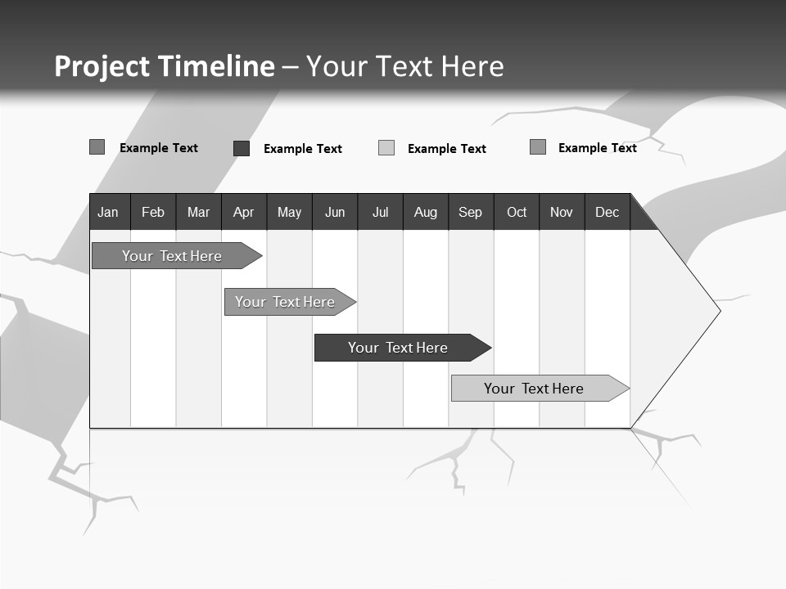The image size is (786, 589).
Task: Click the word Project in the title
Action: (102, 66)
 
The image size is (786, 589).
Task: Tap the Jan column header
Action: (108, 212)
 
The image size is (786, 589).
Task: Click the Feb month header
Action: (153, 212)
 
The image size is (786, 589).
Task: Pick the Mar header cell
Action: (198, 212)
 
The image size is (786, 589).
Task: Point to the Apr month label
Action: (243, 212)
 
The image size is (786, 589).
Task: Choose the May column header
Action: (289, 212)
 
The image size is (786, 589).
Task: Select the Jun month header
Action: (335, 212)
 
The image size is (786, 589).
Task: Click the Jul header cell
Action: (380, 212)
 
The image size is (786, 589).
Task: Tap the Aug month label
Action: (425, 212)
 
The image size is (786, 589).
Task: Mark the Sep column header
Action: (470, 212)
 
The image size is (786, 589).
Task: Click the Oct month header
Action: (517, 212)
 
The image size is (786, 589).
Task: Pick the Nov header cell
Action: (562, 212)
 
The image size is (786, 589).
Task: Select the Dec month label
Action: (607, 212)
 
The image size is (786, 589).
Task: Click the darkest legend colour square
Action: (242, 148)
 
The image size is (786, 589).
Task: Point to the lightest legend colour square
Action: (386, 148)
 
